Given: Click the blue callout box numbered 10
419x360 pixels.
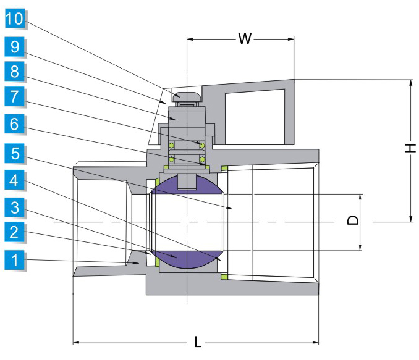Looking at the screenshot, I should click(14, 19).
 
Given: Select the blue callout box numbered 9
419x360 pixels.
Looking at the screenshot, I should click(14, 46).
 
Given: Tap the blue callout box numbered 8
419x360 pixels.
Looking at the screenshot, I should click(14, 72).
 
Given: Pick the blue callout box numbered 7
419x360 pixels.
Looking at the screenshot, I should click(14, 98).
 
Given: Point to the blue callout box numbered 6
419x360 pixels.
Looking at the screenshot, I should click(14, 123).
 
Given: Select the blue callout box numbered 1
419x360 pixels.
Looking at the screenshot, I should click(14, 260).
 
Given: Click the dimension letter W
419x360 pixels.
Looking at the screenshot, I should click(245, 40).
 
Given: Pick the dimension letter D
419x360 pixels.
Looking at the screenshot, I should click(352, 220).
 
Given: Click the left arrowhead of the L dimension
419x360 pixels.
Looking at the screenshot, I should click(77, 341).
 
